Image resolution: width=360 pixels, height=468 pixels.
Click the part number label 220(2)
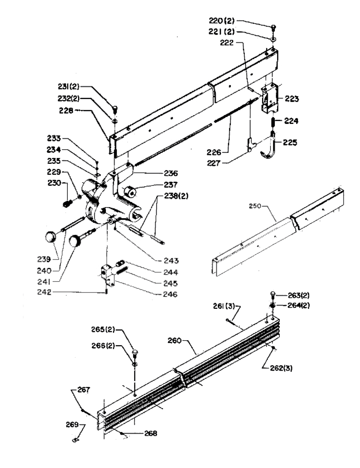pyautogui.click(x=221, y=21)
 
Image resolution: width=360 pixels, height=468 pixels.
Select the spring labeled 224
pyautogui.click(x=273, y=123)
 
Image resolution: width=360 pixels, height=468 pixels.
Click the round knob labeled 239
pyautogui.click(x=51, y=237)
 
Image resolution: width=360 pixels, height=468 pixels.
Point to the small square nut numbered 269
pyautogui.click(x=75, y=440)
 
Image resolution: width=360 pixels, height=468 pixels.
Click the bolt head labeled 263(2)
pyautogui.click(x=273, y=294)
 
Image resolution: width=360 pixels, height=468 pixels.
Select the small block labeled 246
pyautogui.click(x=107, y=276)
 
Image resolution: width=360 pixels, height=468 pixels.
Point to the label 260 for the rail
pyautogui.click(x=175, y=341)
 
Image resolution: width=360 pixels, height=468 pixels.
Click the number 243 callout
pyautogui.click(x=171, y=261)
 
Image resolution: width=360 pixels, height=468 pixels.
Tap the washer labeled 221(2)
pyautogui.click(x=273, y=39)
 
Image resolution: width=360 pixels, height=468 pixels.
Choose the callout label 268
pyautogui.click(x=151, y=433)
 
